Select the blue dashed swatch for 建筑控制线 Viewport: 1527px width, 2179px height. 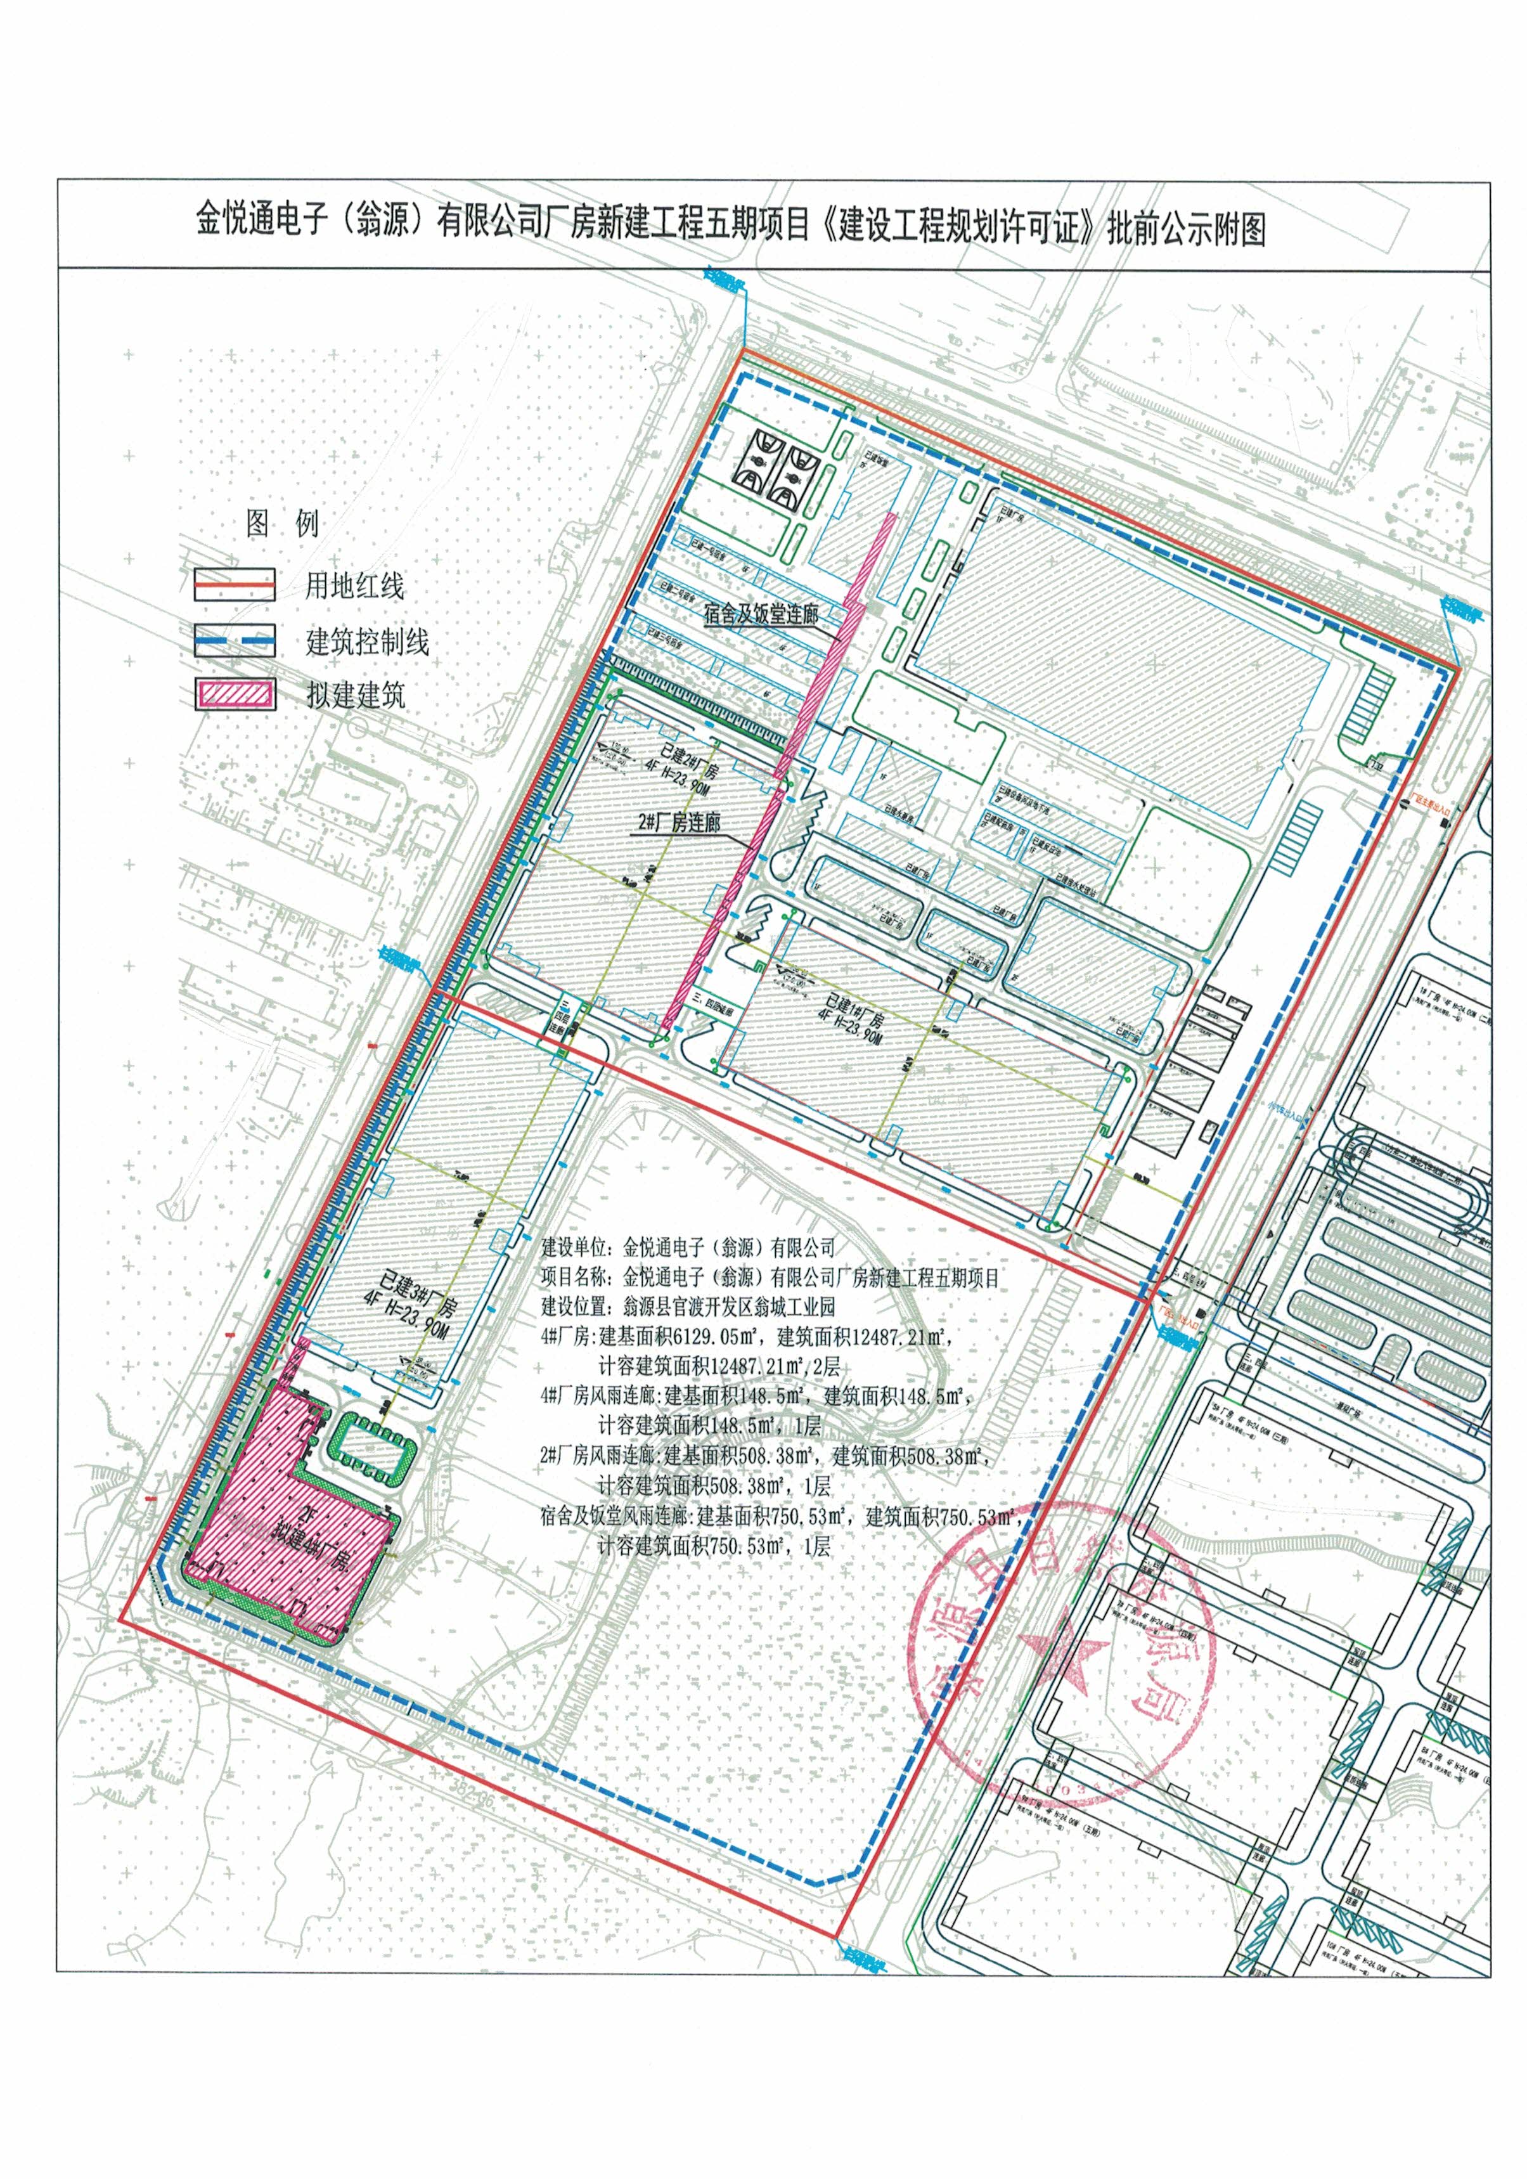(235, 640)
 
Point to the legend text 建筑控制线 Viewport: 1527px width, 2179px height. (367, 642)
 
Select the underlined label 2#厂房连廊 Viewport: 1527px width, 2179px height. (675, 822)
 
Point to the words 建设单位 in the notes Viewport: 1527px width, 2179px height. (574, 1246)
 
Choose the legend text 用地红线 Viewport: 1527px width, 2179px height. (354, 586)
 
